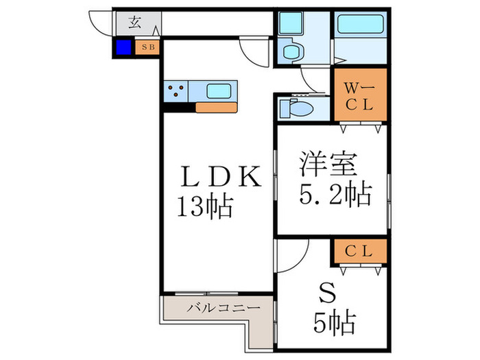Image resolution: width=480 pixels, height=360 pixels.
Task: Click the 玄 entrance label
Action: [134, 23]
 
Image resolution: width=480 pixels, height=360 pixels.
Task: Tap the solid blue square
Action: [123, 47]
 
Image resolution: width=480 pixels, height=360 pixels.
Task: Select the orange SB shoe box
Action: [147, 47]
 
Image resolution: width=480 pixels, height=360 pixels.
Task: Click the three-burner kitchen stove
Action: [176, 91]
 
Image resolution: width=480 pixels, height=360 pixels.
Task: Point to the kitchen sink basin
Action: [219, 91]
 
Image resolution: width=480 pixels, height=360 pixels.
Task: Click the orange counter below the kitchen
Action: [217, 108]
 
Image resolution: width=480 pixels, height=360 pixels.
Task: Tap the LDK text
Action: [221, 176]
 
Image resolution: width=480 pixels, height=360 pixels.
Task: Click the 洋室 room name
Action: [328, 163]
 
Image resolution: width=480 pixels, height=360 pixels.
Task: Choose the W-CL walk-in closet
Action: [360, 95]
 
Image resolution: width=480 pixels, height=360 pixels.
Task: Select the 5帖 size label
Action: [335, 323]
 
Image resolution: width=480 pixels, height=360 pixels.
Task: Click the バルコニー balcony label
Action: [224, 307]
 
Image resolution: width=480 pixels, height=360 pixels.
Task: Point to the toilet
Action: [296, 108]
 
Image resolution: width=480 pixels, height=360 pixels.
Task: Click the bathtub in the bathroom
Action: [360, 24]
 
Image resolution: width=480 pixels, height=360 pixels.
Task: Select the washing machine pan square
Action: [291, 23]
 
